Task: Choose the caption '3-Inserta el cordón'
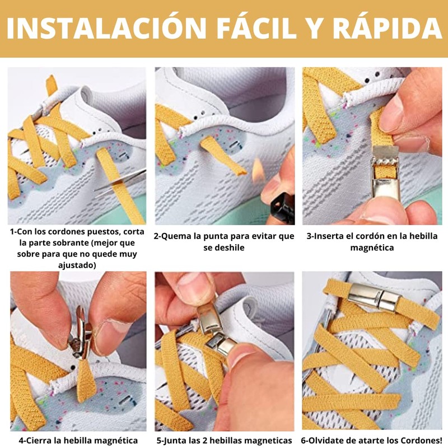pos(372,241)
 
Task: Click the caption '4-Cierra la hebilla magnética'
pos(78,440)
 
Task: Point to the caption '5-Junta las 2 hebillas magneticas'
pos(224,440)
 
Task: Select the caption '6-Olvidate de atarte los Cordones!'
pos(372,440)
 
